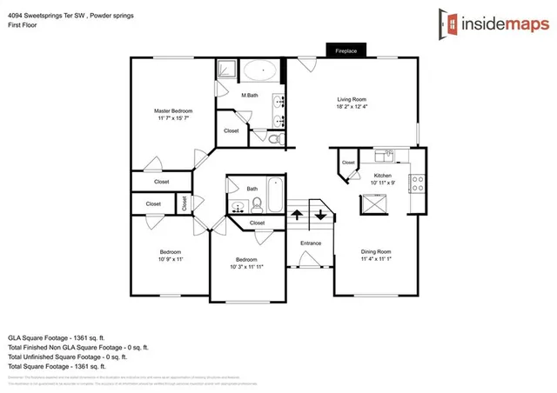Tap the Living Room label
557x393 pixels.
[352, 99]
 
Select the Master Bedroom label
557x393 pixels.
[173, 110]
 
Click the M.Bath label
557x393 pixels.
[250, 95]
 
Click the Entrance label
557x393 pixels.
[311, 243]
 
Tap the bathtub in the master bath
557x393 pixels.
[258, 72]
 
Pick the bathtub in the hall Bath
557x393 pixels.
[273, 196]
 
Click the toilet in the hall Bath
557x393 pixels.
[256, 205]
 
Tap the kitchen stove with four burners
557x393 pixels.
[417, 183]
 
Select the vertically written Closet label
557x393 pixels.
[185, 203]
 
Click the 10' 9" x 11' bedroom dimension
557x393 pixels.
[171, 258]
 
